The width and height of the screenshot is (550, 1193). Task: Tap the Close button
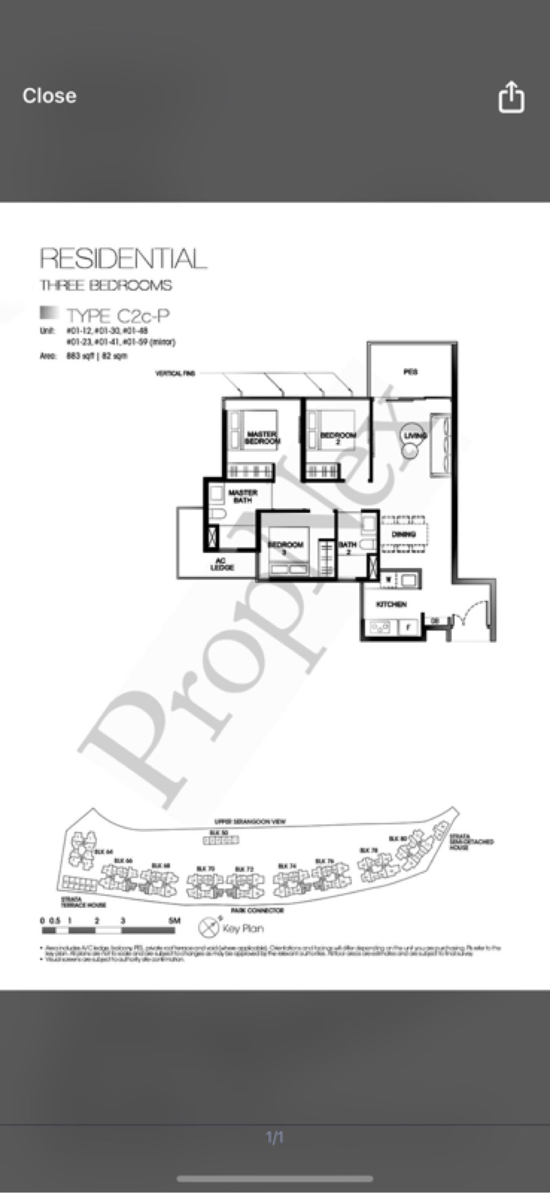pos(49,96)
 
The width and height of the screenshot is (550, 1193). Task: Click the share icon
pos(511,97)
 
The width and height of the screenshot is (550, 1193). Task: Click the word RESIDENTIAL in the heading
pos(123,259)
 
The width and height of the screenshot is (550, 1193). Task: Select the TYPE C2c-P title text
pos(118,316)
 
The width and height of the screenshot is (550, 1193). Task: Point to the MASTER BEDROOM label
pos(261,437)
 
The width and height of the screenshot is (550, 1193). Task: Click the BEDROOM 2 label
pos(338,438)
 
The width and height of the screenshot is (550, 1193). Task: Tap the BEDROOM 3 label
pos(285,547)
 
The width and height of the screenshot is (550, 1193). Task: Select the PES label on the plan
pos(410,372)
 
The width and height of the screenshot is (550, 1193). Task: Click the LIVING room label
pos(415,435)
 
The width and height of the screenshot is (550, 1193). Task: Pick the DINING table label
pos(404,534)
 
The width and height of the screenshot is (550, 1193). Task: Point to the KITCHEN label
pos(390,604)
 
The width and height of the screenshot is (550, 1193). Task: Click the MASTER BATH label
pos(243,496)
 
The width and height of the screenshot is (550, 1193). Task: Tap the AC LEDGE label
pos(221,564)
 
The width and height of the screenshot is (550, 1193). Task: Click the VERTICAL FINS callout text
pos(175,373)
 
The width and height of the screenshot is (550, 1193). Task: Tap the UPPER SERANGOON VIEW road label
pos(250,822)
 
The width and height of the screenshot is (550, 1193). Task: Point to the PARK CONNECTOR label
pos(257,910)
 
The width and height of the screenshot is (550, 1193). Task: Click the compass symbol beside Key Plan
pos(208,928)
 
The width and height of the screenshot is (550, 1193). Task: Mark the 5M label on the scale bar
pos(174,920)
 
